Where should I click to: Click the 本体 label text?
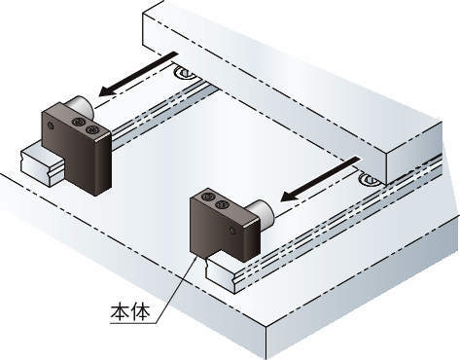(130, 311)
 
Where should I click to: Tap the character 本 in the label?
(121, 311)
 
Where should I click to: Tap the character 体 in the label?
(141, 311)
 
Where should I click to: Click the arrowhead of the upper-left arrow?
(107, 91)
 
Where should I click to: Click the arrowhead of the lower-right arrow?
(289, 197)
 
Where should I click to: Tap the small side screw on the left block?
(51, 126)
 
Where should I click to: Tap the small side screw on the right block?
(231, 231)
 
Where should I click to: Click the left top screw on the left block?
(78, 122)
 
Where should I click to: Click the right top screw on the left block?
(90, 129)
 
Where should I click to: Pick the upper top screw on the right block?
(207, 197)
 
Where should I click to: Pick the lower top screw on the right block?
(222, 204)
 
